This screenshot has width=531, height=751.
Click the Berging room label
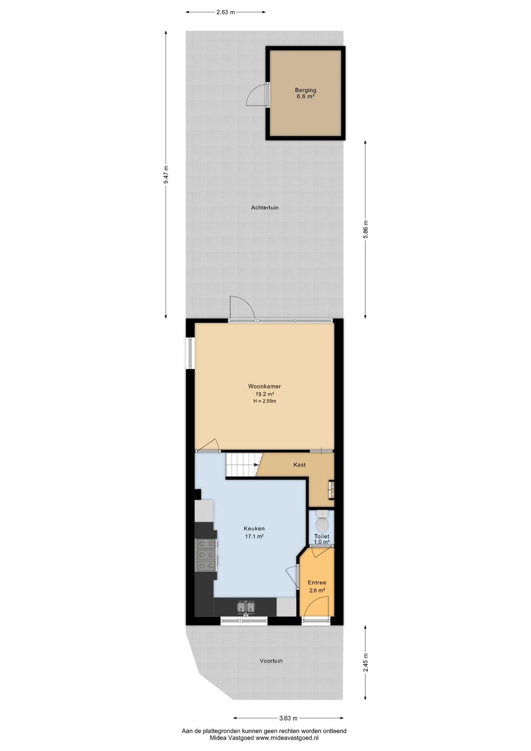click(305, 90)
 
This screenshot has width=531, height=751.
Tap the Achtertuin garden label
click(265, 208)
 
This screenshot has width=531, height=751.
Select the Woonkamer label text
click(264, 386)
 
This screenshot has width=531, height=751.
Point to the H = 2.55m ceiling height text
click(265, 401)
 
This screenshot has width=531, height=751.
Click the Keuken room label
click(254, 529)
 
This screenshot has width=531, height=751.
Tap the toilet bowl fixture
click(322, 522)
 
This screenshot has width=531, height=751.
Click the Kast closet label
click(300, 465)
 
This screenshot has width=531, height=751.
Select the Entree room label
click(317, 583)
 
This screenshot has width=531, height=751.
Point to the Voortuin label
click(271, 661)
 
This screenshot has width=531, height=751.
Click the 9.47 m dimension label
click(166, 174)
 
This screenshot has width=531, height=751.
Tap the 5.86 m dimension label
click(366, 230)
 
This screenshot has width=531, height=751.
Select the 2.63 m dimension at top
click(226, 12)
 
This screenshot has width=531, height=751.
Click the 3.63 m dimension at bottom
click(288, 718)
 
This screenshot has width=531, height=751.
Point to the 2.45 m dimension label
click(366, 663)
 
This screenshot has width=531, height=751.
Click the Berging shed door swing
click(256, 95)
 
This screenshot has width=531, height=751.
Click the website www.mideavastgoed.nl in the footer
click(287, 738)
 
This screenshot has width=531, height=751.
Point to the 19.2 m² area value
click(265, 394)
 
